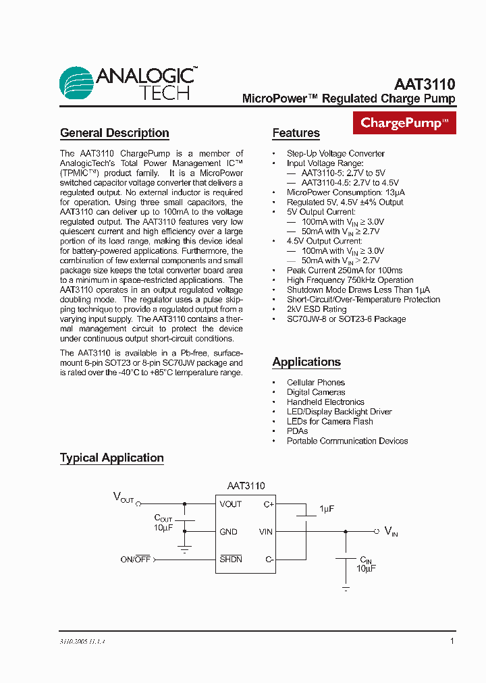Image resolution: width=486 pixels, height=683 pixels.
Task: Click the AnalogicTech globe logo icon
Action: click(76, 83)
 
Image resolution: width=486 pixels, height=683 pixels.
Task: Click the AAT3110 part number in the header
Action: click(425, 84)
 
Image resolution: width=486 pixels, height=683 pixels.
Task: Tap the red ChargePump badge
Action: click(404, 123)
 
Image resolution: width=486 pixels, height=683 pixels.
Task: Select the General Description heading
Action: click(114, 133)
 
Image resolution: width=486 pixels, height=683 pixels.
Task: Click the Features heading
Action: click(296, 133)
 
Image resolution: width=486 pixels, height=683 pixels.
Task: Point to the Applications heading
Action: click(306, 362)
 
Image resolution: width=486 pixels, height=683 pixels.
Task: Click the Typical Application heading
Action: click(112, 458)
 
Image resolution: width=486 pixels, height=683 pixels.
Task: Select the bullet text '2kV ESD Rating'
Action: click(316, 309)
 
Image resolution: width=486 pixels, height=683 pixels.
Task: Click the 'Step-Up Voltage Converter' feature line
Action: click(335, 153)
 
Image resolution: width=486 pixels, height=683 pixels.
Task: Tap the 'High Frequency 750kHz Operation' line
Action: click(350, 280)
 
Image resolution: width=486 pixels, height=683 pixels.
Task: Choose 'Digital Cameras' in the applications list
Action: click(315, 392)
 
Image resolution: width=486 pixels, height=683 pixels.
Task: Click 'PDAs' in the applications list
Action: click(297, 431)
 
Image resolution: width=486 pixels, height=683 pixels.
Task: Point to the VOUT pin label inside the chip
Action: click(230, 504)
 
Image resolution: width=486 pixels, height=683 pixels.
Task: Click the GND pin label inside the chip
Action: click(228, 532)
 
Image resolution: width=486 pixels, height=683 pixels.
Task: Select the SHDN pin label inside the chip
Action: click(230, 559)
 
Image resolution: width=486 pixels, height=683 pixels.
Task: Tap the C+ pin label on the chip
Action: click(268, 504)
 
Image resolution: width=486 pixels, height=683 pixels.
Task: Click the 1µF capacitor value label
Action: click(327, 508)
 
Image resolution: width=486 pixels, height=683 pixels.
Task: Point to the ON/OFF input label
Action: click(135, 559)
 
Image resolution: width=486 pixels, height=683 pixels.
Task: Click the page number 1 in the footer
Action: click(452, 641)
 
